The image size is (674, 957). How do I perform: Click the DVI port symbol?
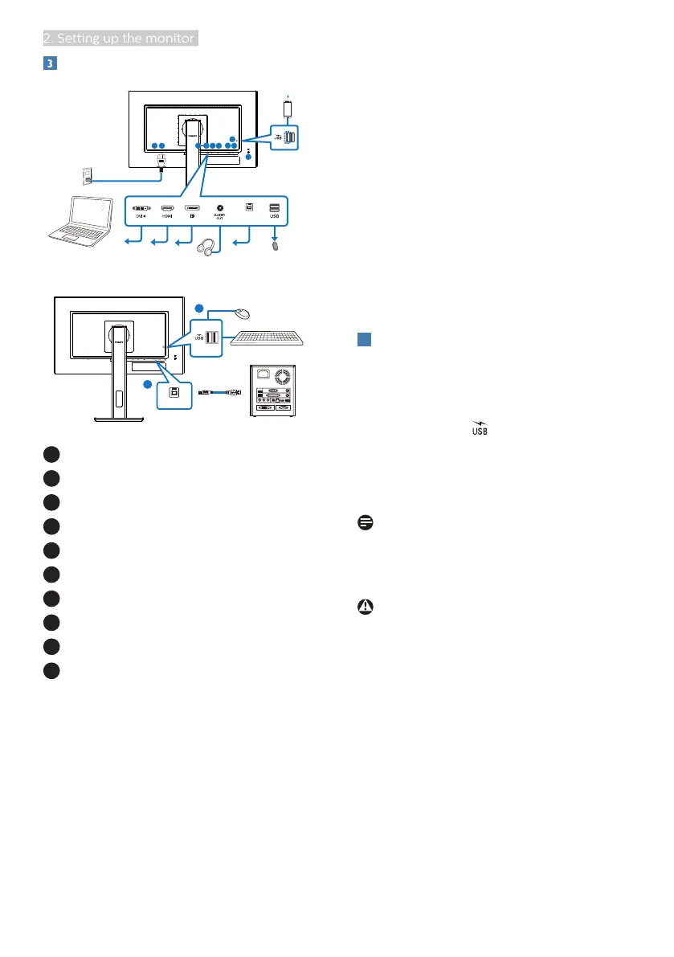coord(142,208)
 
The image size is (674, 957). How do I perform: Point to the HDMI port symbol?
coord(167,208)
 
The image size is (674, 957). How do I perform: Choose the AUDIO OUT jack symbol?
coord(219,208)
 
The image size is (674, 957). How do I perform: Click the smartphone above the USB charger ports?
coord(290,107)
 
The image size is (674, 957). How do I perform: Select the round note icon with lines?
coord(364,523)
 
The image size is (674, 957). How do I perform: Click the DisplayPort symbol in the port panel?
coord(193,208)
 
